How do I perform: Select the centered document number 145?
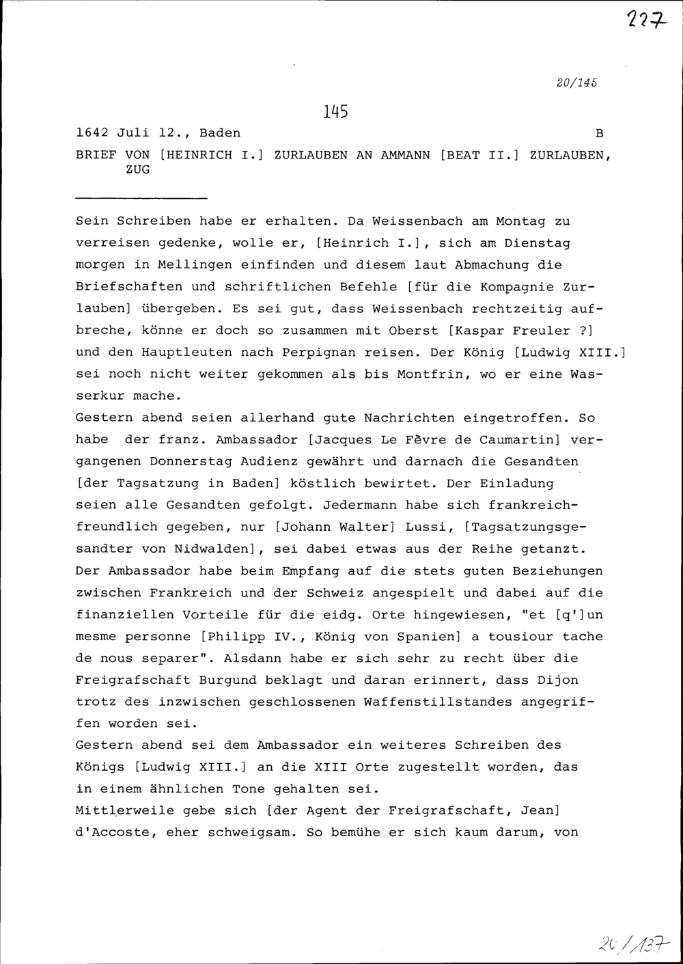coord(335,111)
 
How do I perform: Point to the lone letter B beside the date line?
coord(600,133)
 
